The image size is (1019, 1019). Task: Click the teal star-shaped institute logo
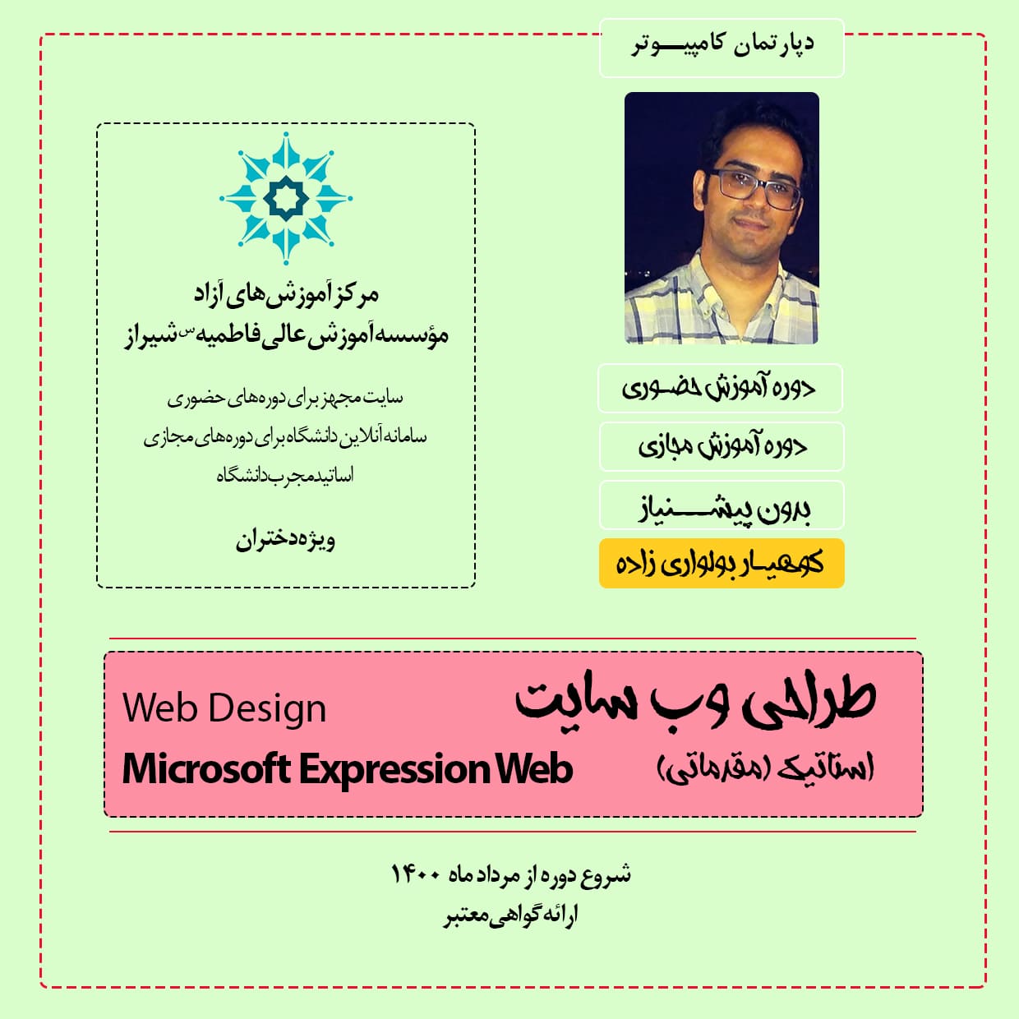tap(286, 198)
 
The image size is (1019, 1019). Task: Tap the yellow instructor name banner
tap(722, 563)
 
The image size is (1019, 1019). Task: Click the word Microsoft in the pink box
tap(207, 769)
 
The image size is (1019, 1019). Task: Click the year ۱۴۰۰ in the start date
tap(416, 874)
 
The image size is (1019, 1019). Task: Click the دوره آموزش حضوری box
tap(720, 389)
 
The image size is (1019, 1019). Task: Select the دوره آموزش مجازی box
tap(722, 447)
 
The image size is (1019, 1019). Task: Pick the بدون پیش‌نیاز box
tap(722, 505)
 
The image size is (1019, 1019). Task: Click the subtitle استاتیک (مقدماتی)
tap(766, 769)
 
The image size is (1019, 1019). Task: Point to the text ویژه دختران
tap(285, 541)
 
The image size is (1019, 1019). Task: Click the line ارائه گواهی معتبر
tap(510, 915)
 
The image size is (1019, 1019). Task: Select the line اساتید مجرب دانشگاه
tap(285, 475)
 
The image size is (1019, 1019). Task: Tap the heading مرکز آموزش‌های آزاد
tap(286, 294)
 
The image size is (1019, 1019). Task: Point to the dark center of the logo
tap(286, 198)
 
